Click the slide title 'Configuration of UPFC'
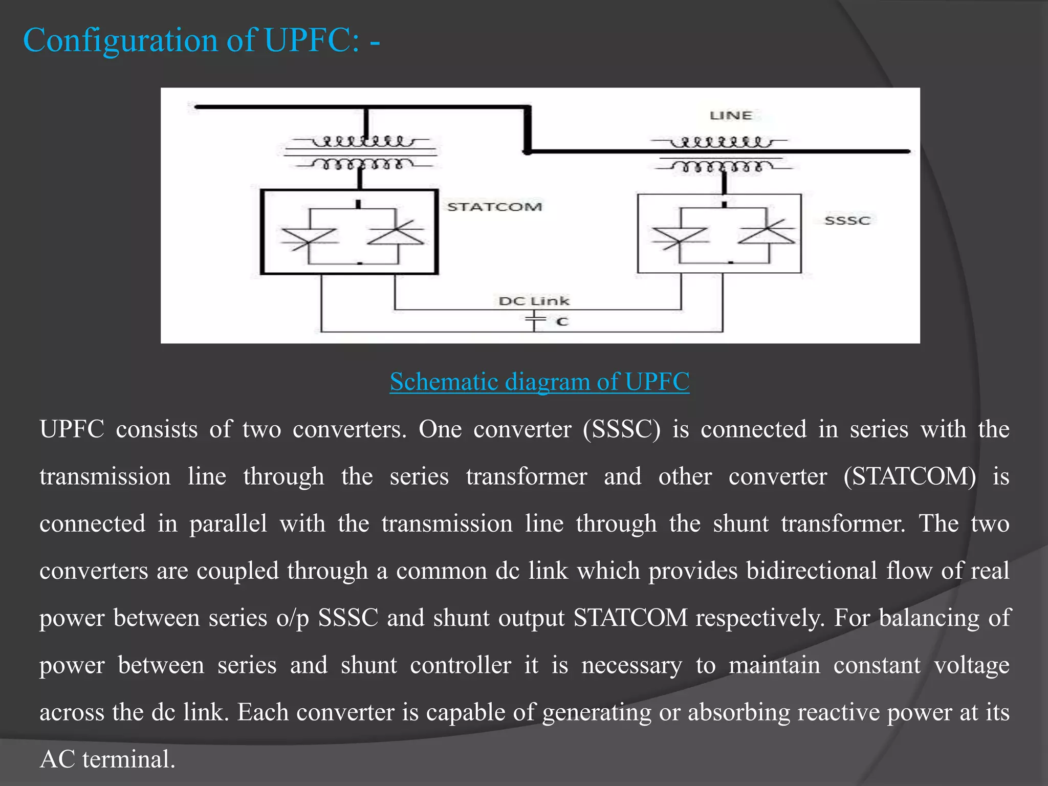(201, 40)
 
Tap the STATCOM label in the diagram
(494, 207)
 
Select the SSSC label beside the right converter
(847, 221)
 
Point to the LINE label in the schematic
(731, 116)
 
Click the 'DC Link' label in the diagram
(534, 301)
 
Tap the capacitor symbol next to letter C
(535, 321)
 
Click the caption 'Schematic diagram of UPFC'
(539, 382)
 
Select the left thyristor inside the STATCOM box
(309, 237)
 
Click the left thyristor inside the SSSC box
(680, 237)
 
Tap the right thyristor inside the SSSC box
(767, 235)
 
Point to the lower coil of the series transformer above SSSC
(724, 166)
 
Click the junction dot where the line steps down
(527, 152)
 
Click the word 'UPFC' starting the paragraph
(72, 429)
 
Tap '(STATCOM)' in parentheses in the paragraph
(909, 477)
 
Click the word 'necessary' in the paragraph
(631, 665)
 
